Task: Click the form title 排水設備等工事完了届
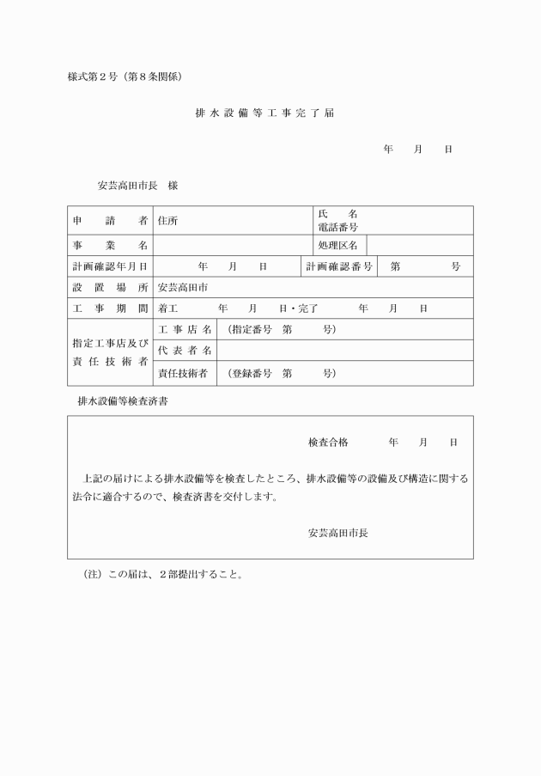[270, 113]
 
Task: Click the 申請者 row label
[110, 221]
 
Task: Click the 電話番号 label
[337, 227]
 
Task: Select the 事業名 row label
[110, 246]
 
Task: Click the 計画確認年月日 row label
[110, 267]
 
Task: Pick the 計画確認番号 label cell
[339, 267]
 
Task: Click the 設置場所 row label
[110, 288]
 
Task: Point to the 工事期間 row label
[110, 309]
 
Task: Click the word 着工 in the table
[168, 309]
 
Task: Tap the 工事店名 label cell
[185, 330]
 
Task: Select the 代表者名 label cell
[185, 351]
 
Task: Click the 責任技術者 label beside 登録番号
[185, 373]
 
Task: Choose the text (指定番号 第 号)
[281, 330]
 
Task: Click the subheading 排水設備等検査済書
[123, 401]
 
